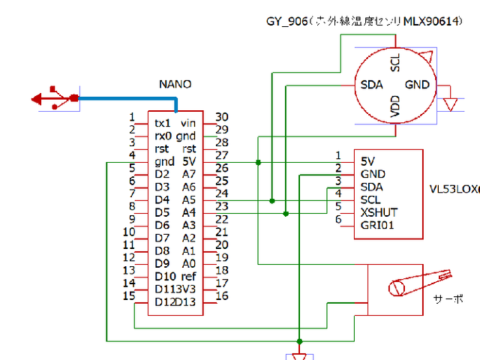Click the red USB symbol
55,98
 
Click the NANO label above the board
175,83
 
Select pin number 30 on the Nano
221,117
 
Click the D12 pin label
164,301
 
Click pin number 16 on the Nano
221,296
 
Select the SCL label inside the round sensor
394,63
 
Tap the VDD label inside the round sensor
394,108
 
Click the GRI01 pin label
377,225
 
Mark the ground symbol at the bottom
299,354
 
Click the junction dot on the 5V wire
258,162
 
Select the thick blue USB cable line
127,98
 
